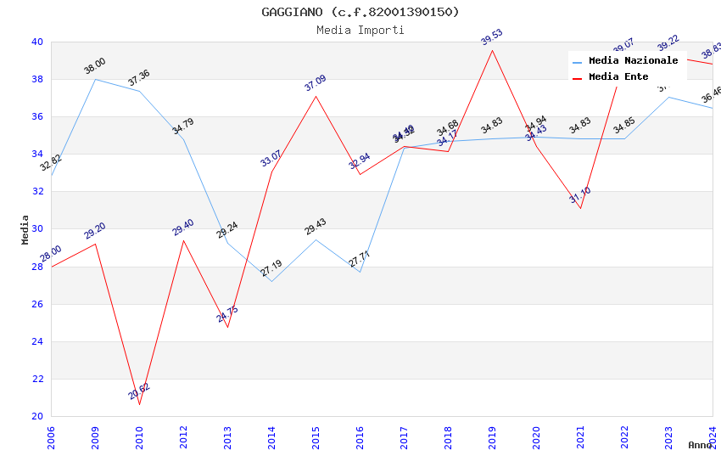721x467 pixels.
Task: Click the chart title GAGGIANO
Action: point(360,12)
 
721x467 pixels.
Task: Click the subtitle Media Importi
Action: point(360,30)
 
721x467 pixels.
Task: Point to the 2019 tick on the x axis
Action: point(492,432)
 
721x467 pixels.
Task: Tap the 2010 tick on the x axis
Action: point(139,432)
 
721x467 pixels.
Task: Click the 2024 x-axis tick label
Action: point(713,432)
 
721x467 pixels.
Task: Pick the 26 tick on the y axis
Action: point(37,304)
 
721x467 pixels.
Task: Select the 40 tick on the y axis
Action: point(37,42)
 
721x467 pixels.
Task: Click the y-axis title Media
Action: point(25,229)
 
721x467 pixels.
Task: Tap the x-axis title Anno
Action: point(700,445)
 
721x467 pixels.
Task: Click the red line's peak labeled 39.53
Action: point(492,50)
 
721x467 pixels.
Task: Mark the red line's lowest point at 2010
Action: point(139,404)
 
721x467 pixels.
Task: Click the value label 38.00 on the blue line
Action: point(95,65)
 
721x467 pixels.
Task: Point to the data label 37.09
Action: point(316,83)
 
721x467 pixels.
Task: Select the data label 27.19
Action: point(271,268)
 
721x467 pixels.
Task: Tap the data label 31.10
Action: point(580,195)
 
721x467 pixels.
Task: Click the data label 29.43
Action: point(316,227)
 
